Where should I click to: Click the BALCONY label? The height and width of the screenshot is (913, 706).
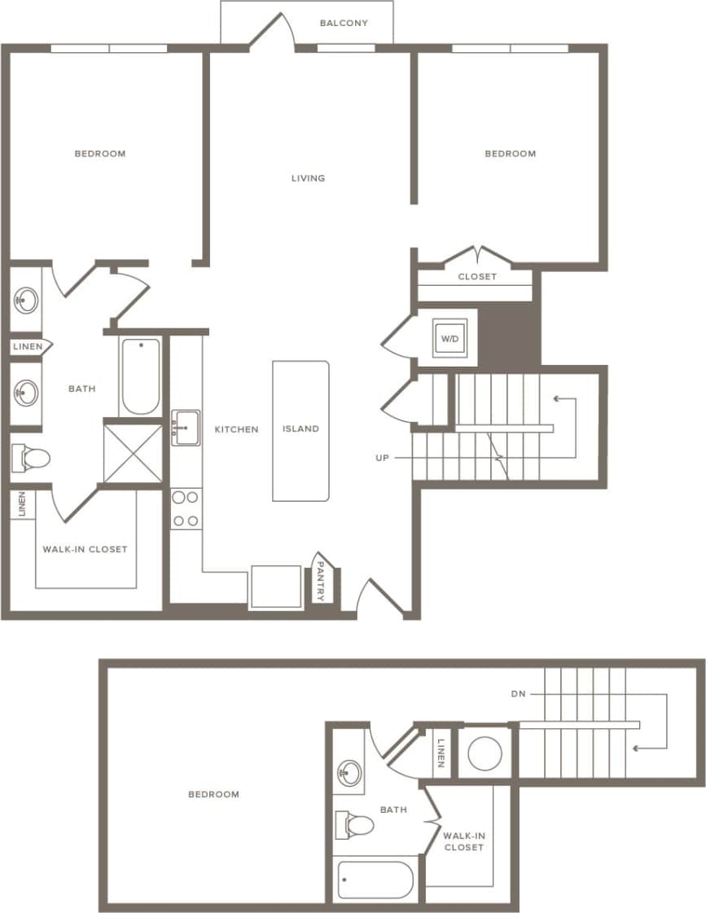[x=343, y=24]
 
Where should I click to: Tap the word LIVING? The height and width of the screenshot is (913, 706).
[x=309, y=178]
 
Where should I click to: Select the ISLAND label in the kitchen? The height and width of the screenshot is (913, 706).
[x=300, y=429]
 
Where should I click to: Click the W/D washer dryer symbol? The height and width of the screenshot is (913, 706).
[x=449, y=338]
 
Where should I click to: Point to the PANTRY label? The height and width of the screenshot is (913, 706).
[x=320, y=581]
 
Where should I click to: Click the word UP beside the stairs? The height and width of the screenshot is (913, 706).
[x=382, y=459]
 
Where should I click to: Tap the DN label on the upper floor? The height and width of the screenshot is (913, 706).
[x=518, y=695]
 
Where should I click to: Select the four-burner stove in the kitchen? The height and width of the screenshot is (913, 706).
[x=186, y=509]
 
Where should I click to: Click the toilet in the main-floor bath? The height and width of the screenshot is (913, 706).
[x=30, y=458]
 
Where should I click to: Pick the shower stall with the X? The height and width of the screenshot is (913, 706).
[x=133, y=452]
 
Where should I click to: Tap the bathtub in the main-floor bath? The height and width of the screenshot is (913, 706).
[x=140, y=376]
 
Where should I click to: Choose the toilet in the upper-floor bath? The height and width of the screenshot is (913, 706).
[x=354, y=825]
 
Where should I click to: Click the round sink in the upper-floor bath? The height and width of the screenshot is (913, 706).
[x=350, y=772]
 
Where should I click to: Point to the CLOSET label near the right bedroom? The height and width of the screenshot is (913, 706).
[x=477, y=277]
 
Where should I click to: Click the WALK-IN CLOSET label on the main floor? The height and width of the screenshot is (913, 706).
[x=85, y=550]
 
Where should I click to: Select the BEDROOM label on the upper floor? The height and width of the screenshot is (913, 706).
[x=213, y=795]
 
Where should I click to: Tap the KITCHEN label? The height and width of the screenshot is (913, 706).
[x=236, y=429]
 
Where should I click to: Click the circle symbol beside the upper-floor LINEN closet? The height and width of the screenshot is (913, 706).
[x=484, y=753]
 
